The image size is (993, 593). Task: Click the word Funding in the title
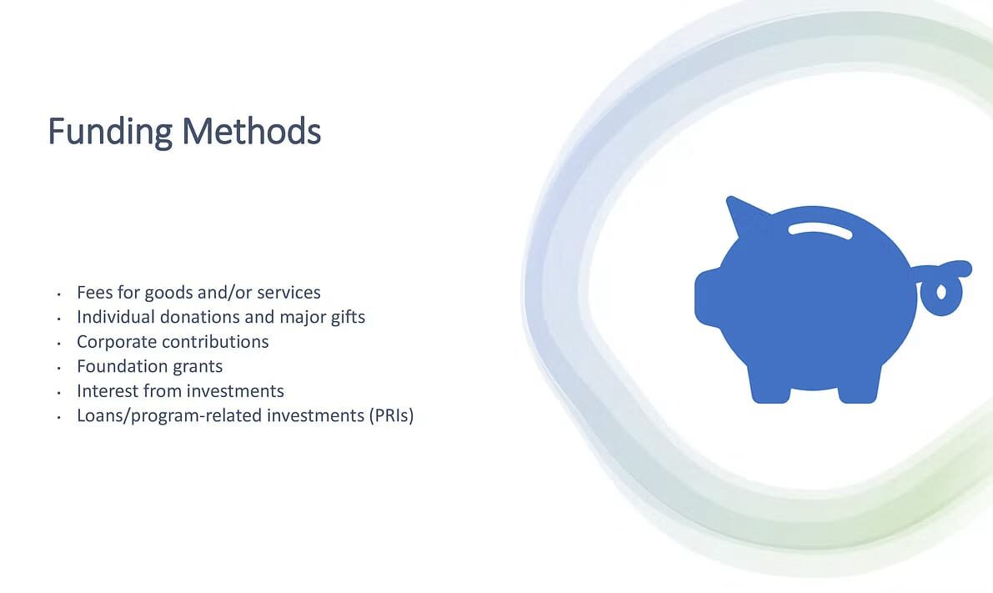pos(110,132)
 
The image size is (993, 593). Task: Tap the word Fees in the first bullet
pos(96,292)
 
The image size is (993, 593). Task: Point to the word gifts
pos(349,317)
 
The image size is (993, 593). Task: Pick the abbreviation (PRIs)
pos(391,415)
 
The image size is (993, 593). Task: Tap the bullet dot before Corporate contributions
pos(59,344)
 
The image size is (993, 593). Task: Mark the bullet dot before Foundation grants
pos(59,368)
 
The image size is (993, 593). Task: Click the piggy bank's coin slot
pos(820,229)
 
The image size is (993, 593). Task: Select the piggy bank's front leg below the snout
pos(770,384)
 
